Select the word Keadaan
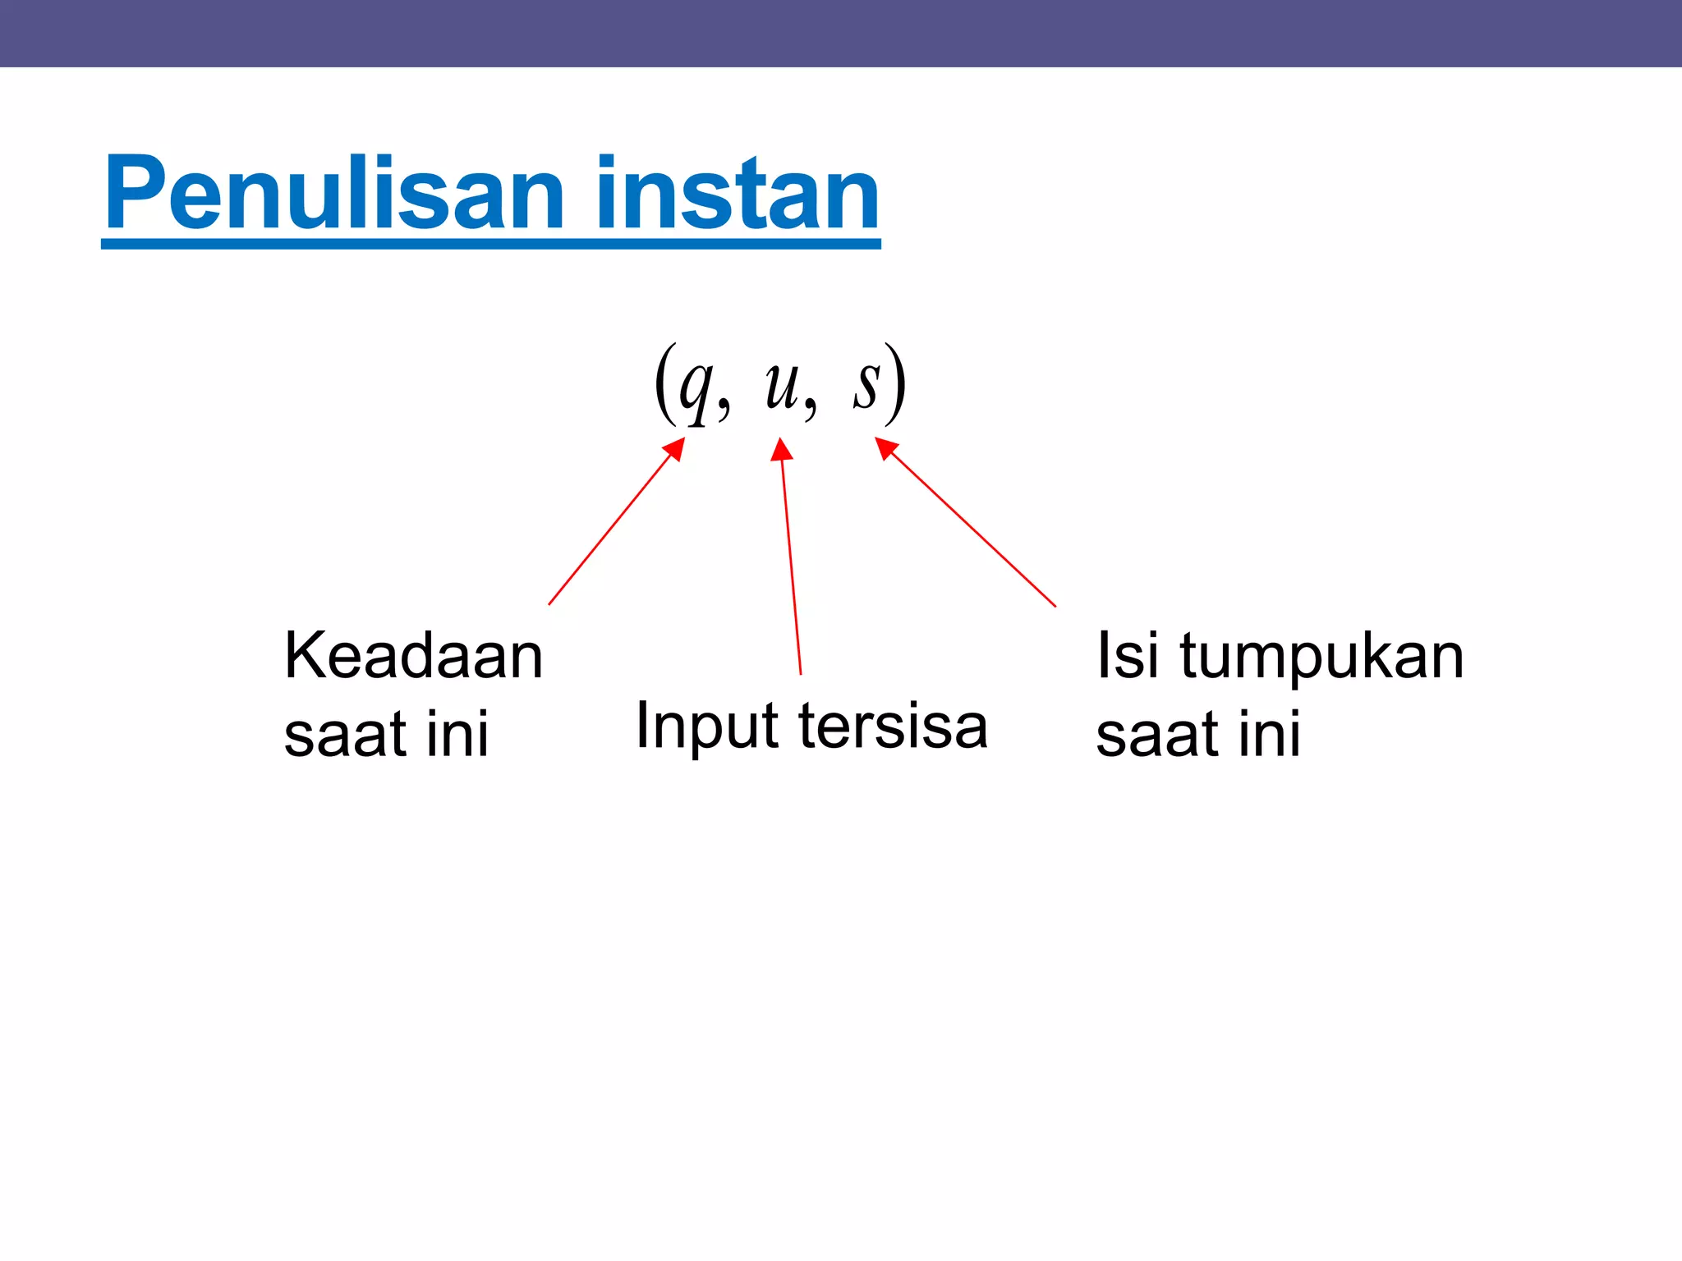413,657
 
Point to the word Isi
1128,657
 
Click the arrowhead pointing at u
781,449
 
